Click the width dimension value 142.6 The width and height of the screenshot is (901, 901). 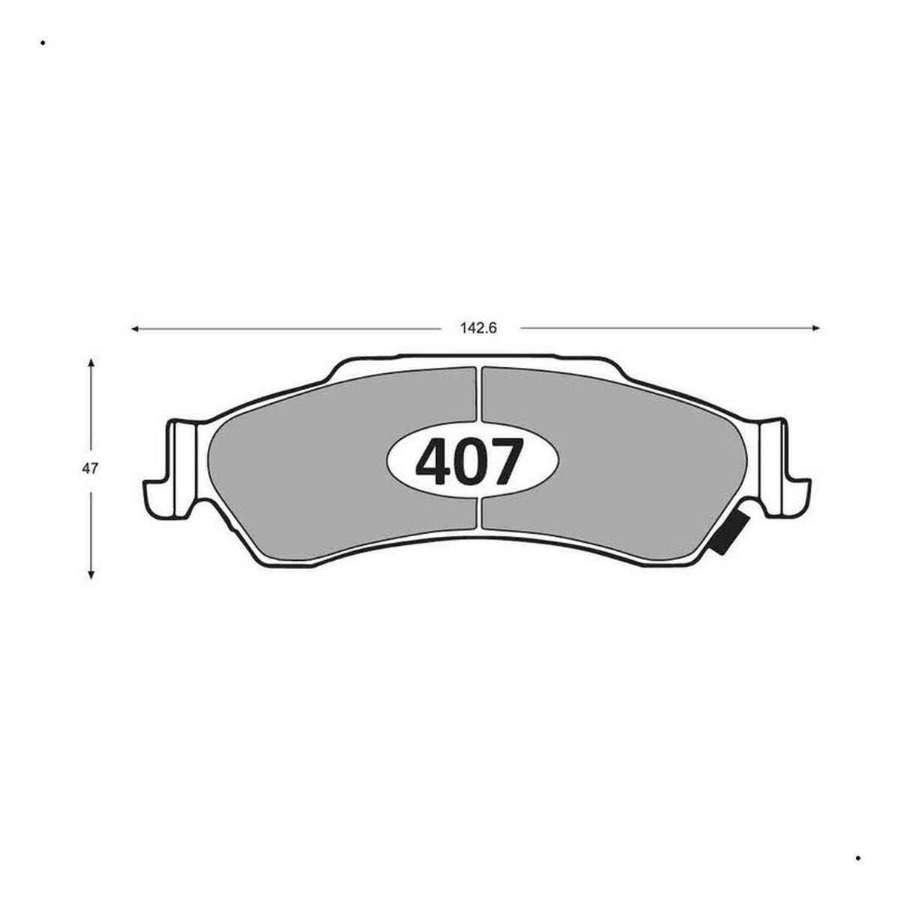point(478,328)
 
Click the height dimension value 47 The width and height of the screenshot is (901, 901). point(90,469)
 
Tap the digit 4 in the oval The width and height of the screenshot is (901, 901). point(434,462)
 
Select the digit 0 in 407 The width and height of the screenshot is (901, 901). point(470,462)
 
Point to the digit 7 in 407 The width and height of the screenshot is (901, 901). point(505,462)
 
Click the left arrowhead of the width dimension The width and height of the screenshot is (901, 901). point(135,329)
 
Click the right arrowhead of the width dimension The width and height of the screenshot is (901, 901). point(816,328)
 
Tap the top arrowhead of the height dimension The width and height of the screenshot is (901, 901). point(91,363)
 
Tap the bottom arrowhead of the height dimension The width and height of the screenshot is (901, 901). point(91,575)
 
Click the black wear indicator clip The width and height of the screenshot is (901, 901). point(729,532)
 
